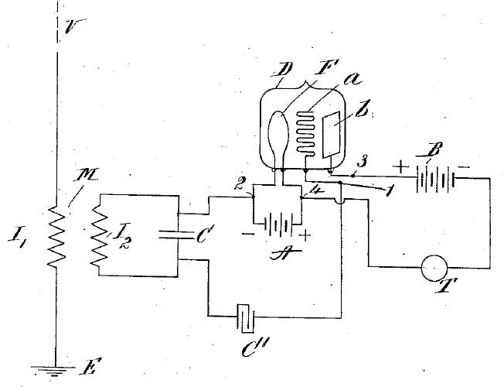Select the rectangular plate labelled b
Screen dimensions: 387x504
pos(335,137)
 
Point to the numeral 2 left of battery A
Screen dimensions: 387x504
pos(240,183)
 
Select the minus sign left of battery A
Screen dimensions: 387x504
pos(248,231)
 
